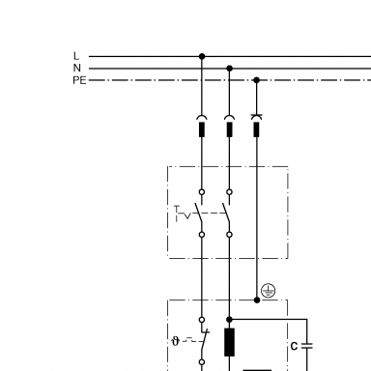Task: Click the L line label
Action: pyautogui.click(x=76, y=56)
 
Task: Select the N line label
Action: pyautogui.click(x=76, y=68)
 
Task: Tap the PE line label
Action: pyautogui.click(x=79, y=80)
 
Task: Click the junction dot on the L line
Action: pyautogui.click(x=202, y=56)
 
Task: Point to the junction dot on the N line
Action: pyautogui.click(x=229, y=69)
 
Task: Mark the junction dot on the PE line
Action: pyautogui.click(x=257, y=80)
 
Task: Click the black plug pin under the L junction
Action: pyautogui.click(x=202, y=129)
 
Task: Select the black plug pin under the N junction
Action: pyautogui.click(x=229, y=129)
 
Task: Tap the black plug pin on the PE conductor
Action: pyautogui.click(x=257, y=129)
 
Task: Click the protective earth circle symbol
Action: pyautogui.click(x=268, y=291)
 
